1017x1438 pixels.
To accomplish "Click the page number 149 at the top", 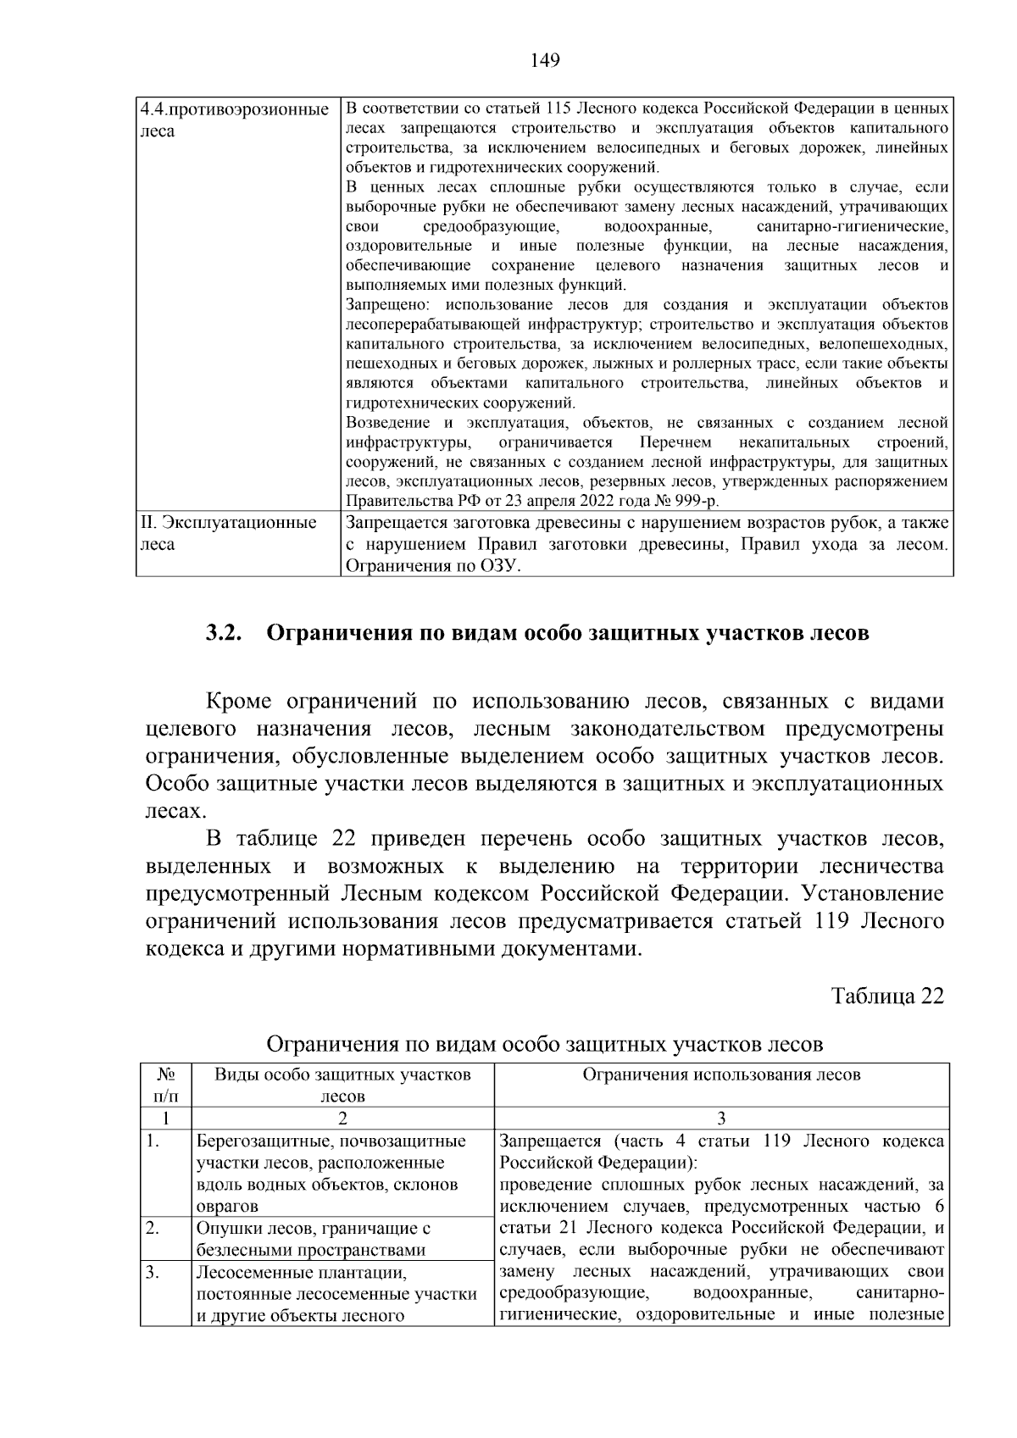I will (x=545, y=59).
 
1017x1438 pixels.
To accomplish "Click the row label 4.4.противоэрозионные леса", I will (x=234, y=120).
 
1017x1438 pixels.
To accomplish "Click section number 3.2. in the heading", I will (x=225, y=633).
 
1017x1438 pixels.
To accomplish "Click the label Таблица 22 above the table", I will (x=886, y=995).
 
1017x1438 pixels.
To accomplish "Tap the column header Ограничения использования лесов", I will (x=721, y=1074).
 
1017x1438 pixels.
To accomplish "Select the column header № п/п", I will (x=166, y=1085).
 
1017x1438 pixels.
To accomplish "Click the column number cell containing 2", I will (x=342, y=1118).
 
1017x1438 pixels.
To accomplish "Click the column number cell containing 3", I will (x=721, y=1118).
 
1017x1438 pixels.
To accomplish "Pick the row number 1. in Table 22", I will (x=153, y=1141).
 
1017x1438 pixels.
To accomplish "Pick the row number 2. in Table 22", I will (x=153, y=1228).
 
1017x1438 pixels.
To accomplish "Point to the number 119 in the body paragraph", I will (x=833, y=921).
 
